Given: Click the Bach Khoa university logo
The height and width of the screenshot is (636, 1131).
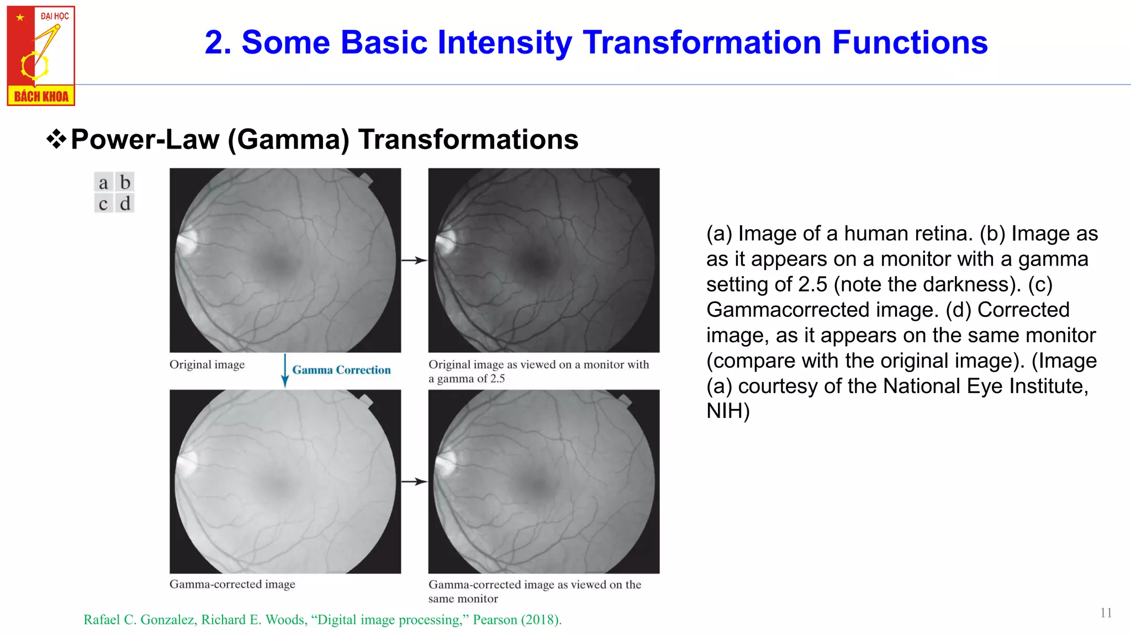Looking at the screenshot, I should coord(41,55).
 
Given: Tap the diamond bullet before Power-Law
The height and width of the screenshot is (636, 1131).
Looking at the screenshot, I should coord(56,139).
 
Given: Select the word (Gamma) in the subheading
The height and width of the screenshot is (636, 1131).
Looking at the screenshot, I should coord(289,139).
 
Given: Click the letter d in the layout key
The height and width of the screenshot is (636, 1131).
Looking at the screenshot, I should coord(125,204).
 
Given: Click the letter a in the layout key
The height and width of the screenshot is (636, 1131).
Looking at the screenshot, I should coord(103,183).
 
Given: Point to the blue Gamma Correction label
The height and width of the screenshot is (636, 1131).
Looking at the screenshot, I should coord(341,370).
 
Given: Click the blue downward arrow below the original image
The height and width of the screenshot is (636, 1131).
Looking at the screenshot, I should coord(285,371).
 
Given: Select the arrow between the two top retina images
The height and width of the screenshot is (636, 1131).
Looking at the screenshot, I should coord(414,260).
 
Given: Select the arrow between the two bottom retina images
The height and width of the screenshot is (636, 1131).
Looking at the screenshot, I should coord(414,481).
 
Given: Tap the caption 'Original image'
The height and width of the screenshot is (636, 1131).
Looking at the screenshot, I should coord(207,364).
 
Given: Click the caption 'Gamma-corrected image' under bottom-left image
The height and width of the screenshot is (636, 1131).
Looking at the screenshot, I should coord(232,584).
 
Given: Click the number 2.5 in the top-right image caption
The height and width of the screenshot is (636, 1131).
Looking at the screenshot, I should coord(498,379).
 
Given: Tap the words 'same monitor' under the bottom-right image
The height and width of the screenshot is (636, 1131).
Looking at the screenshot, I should coord(463,598).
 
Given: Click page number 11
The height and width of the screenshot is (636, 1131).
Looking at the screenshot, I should coord(1106,613).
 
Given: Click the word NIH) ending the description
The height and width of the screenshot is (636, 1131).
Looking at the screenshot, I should coord(728,411).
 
